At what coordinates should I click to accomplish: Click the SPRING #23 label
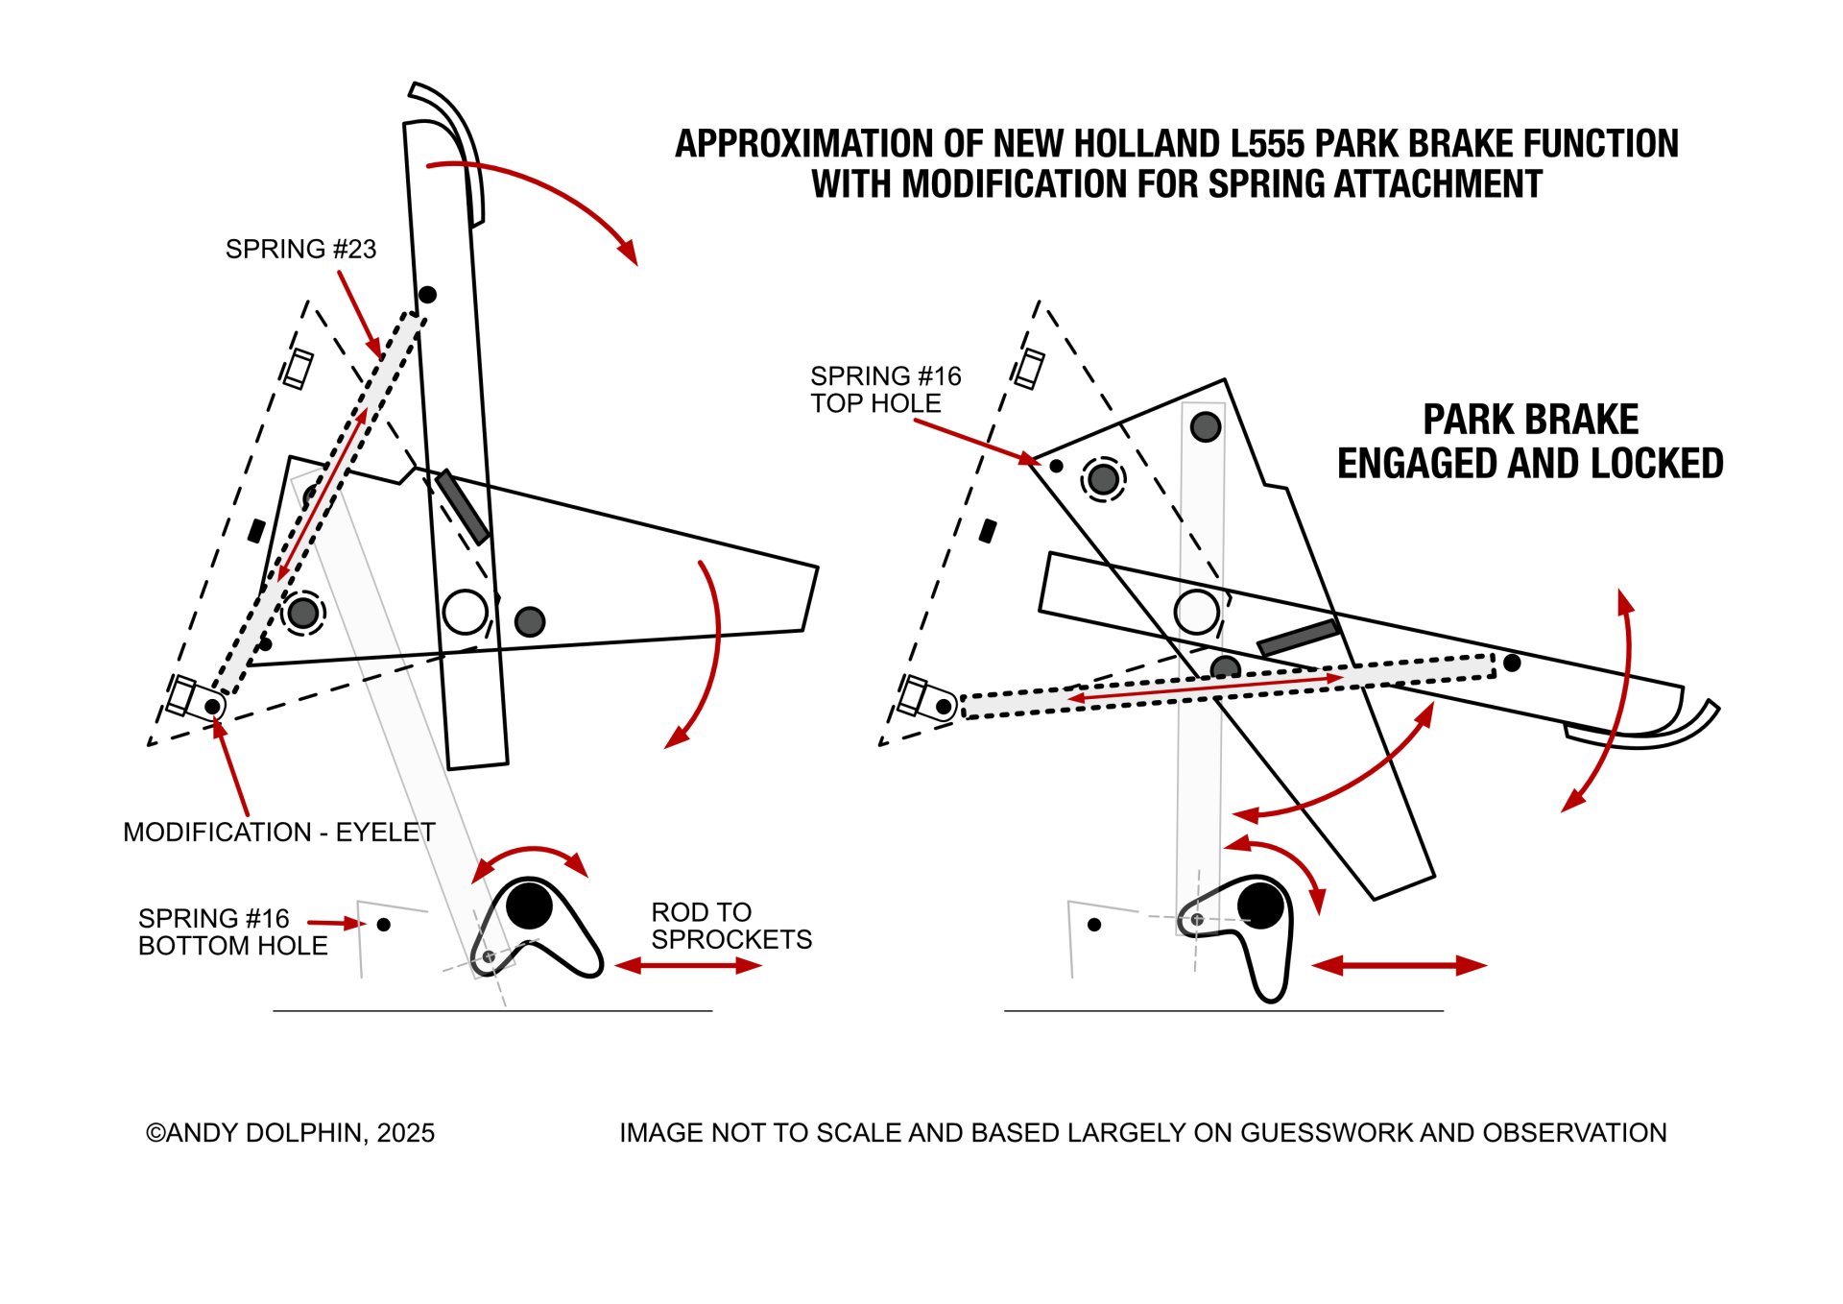[x=300, y=250]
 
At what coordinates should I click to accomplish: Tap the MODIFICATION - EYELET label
[x=279, y=833]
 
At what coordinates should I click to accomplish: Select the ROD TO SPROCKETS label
[x=731, y=926]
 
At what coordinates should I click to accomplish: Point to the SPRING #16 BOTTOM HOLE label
[x=232, y=932]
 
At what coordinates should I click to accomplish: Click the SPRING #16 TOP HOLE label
[x=885, y=390]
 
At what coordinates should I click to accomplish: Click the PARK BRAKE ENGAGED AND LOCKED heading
[x=1530, y=442]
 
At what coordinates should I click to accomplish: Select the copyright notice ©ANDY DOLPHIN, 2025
[x=290, y=1133]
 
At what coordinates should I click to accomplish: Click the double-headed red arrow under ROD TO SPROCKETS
[x=688, y=966]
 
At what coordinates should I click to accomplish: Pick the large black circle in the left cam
[x=529, y=906]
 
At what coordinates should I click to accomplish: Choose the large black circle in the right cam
[x=1260, y=905]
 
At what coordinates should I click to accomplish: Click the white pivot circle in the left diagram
[x=466, y=613]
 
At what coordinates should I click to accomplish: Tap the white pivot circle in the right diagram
[x=1197, y=612]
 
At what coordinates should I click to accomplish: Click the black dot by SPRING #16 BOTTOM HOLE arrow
[x=384, y=925]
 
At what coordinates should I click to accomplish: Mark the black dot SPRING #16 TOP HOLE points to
[x=1056, y=466]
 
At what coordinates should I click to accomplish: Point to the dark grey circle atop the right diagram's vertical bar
[x=1206, y=426]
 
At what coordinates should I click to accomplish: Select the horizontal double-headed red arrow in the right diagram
[x=1400, y=966]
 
